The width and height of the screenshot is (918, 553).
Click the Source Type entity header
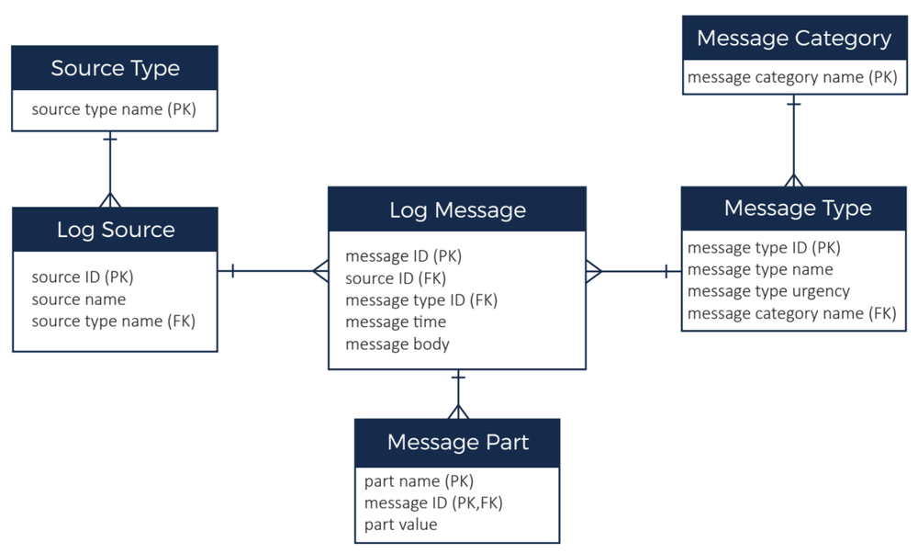tap(115, 68)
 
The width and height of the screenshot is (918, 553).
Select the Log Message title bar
tap(457, 209)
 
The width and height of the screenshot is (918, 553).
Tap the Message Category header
tap(794, 39)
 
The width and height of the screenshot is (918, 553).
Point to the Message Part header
tap(457, 442)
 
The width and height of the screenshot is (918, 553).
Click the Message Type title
tap(797, 208)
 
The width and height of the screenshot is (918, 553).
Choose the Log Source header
tap(115, 230)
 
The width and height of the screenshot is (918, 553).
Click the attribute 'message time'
tap(396, 322)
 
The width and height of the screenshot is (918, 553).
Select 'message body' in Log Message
tap(397, 344)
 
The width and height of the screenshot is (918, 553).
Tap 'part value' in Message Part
tap(400, 525)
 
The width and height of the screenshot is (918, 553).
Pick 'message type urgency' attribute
tap(768, 291)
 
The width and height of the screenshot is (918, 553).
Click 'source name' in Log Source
tap(78, 299)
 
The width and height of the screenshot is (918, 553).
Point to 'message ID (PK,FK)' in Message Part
tap(433, 502)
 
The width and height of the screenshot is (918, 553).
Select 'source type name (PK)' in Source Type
tap(114, 109)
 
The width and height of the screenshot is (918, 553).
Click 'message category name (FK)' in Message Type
tap(791, 313)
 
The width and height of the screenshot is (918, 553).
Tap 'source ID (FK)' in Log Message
tap(396, 278)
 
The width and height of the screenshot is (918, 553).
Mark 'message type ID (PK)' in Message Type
tap(764, 247)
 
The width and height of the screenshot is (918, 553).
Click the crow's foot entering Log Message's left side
tap(320, 271)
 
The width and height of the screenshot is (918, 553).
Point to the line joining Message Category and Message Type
tap(794, 138)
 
